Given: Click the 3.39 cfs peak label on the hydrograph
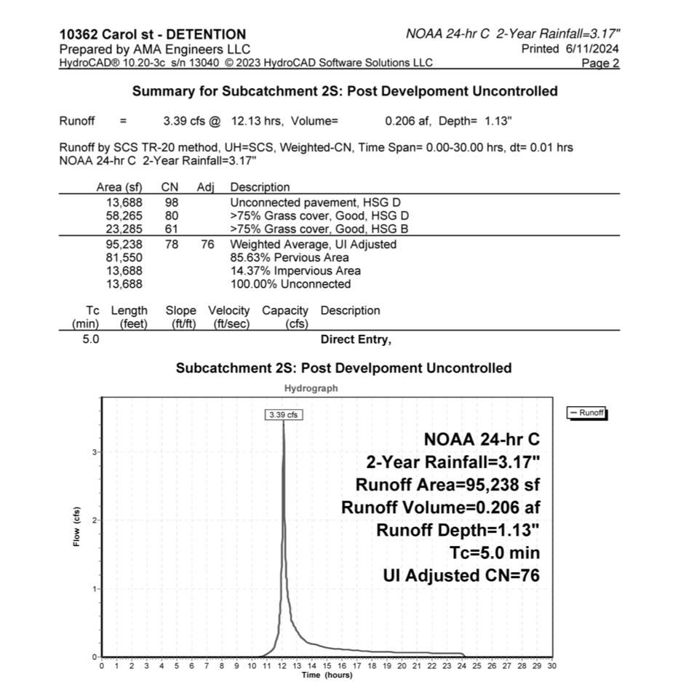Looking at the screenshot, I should [x=283, y=414].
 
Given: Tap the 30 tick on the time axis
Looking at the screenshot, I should [x=551, y=665].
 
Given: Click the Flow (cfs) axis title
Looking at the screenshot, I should [x=76, y=526].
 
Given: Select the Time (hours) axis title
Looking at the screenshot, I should [x=327, y=675].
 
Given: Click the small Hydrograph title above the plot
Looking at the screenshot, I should [x=311, y=389].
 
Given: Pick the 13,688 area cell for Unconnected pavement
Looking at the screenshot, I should [x=124, y=202].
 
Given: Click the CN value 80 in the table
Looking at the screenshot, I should [x=172, y=215].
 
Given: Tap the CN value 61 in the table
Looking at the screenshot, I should [x=172, y=229].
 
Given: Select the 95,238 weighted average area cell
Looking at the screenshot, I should [x=124, y=245].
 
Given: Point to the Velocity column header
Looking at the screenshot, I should [x=228, y=311].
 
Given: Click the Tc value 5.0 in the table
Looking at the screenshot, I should [x=91, y=339].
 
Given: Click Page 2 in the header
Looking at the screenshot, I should [x=601, y=63].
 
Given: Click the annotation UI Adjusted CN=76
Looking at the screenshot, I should [x=461, y=576].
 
